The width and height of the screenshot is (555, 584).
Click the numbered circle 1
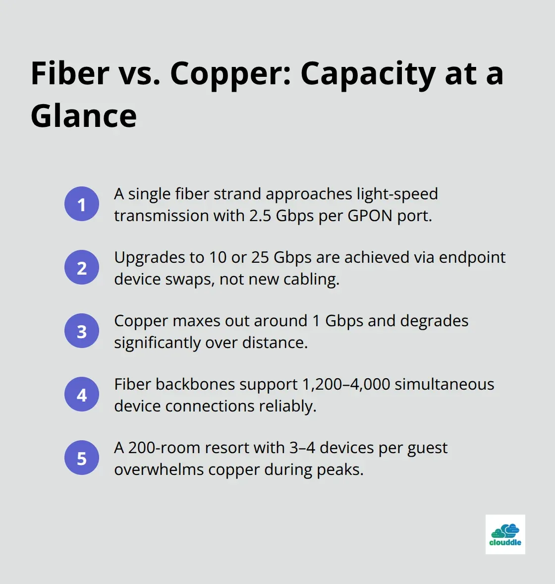pyautogui.click(x=82, y=204)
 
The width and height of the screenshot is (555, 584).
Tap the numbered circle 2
pyautogui.click(x=82, y=267)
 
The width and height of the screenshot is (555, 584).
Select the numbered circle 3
pyautogui.click(x=82, y=331)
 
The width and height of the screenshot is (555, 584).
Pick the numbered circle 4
pyautogui.click(x=82, y=394)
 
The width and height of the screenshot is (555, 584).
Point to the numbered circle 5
pyautogui.click(x=82, y=458)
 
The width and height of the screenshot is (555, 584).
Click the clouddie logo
pyautogui.click(x=505, y=534)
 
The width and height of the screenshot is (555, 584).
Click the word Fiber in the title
pyautogui.click(x=70, y=73)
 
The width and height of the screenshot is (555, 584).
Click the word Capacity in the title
pyautogui.click(x=368, y=73)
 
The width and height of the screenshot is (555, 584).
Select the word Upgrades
pyautogui.click(x=144, y=257)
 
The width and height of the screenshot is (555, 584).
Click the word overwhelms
pyautogui.click(x=159, y=469)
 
